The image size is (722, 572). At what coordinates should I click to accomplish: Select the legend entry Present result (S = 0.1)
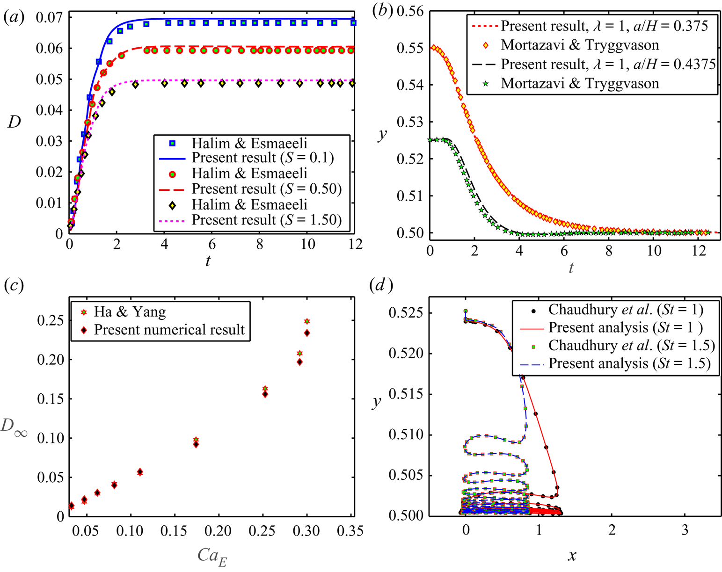[263, 158]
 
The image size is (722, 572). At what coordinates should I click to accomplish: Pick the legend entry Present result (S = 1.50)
[266, 220]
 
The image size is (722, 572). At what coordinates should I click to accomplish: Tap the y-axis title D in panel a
[15, 123]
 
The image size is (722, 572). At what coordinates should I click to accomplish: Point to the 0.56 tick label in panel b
[410, 11]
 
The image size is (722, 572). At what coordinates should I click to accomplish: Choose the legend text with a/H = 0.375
[604, 26]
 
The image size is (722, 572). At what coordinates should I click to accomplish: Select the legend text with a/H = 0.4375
[608, 64]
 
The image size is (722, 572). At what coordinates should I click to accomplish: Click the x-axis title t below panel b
[571, 268]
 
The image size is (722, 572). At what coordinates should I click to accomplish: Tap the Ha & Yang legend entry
[130, 311]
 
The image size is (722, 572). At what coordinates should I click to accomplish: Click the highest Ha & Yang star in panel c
[307, 321]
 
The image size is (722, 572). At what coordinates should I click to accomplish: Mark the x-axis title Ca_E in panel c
[212, 556]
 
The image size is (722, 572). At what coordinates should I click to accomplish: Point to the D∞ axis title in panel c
[14, 427]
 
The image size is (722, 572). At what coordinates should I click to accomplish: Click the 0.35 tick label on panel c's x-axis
[351, 531]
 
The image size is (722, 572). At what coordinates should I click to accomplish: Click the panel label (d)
[381, 285]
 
